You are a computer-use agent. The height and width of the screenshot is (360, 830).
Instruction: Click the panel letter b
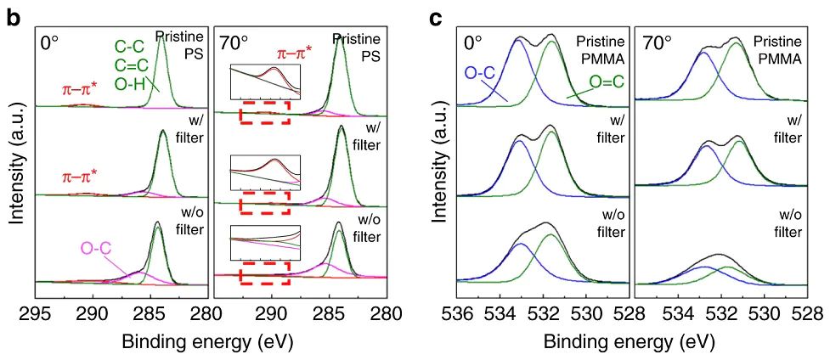[13, 16]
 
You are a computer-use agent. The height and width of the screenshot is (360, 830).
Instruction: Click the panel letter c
[435, 17]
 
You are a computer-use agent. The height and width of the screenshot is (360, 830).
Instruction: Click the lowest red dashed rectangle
[265, 275]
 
